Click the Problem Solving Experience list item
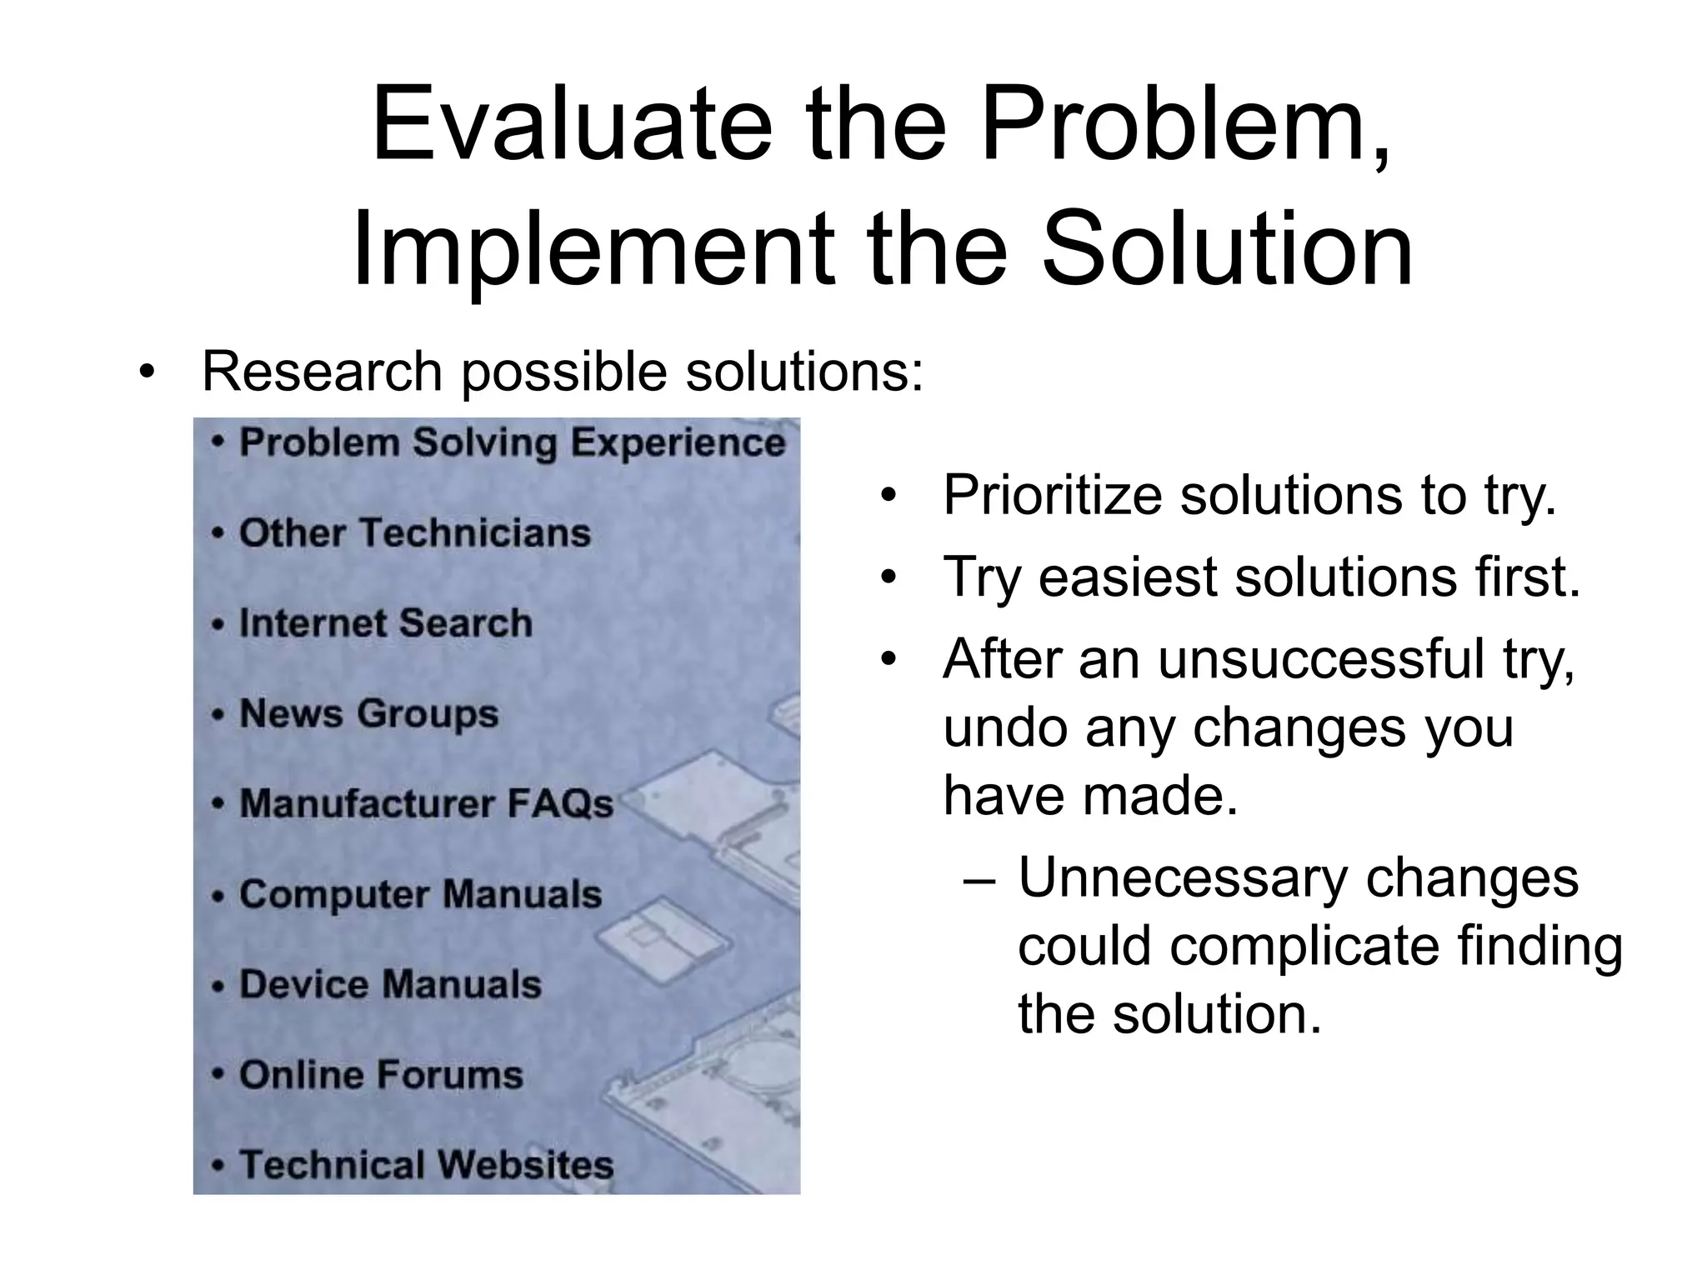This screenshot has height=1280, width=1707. [x=512, y=442]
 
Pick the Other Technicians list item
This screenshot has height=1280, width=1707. [x=414, y=532]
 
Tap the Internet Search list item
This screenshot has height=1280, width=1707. [x=385, y=623]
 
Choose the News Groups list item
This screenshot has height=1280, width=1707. [x=368, y=713]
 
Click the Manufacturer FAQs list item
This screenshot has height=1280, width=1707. [x=426, y=804]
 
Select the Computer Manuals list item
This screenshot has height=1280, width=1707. [x=420, y=894]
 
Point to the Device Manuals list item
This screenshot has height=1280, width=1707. [x=390, y=984]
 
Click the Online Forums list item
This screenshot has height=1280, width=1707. [x=381, y=1075]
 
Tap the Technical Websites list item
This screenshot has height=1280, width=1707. [x=426, y=1165]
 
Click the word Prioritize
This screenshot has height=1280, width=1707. [x=1053, y=495]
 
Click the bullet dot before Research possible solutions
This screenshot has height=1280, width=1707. [x=148, y=372]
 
